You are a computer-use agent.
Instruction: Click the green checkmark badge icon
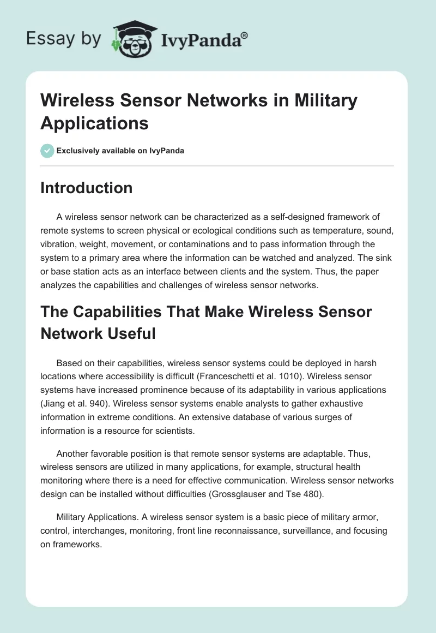47,151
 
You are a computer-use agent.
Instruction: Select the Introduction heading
87,188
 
